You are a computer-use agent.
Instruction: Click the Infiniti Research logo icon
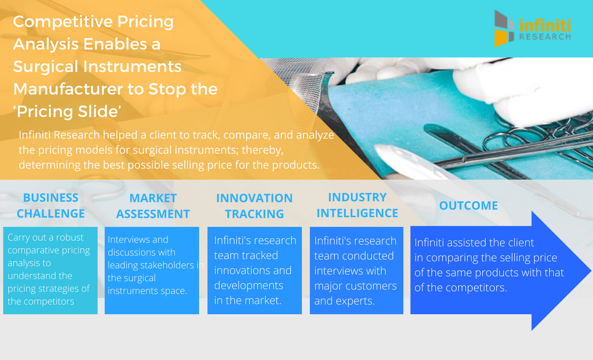(x=504, y=28)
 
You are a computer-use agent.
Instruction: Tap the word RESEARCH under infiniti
(x=545, y=37)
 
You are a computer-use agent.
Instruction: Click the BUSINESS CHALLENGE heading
(x=51, y=206)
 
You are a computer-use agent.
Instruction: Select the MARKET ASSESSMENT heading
(x=153, y=206)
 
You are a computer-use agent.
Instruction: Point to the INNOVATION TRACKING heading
(x=255, y=206)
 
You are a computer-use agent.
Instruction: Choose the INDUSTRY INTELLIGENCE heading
(x=357, y=205)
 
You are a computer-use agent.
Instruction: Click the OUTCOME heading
(x=469, y=206)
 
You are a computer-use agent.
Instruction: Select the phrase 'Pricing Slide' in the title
(x=68, y=112)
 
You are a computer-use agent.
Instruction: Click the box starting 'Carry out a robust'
(x=50, y=270)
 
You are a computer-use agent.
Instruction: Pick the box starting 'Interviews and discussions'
(x=152, y=270)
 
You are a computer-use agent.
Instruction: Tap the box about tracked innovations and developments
(x=255, y=270)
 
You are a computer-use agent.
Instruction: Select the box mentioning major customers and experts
(x=357, y=270)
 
